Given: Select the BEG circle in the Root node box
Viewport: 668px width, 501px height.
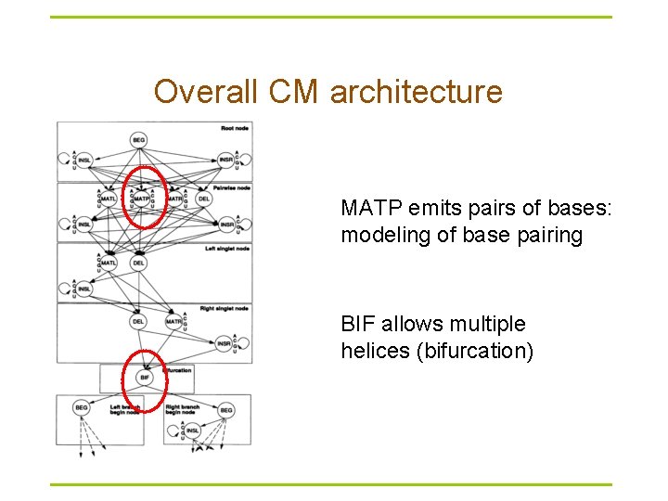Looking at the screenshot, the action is pyautogui.click(x=139, y=139).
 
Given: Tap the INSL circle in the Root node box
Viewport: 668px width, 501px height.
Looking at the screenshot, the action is pyautogui.click(x=84, y=161).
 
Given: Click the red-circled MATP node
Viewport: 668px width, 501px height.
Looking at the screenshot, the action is pyautogui.click(x=142, y=199).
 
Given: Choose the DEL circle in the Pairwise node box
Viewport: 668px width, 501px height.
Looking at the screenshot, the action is pyautogui.click(x=203, y=199).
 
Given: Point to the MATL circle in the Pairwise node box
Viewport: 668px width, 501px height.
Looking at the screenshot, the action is pyautogui.click(x=109, y=199).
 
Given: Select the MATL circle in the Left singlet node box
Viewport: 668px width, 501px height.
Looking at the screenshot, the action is pyautogui.click(x=109, y=263).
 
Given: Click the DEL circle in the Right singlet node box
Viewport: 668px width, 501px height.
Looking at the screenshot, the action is pyautogui.click(x=137, y=322).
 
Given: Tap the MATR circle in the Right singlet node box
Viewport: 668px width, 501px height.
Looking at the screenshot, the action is pyautogui.click(x=173, y=322).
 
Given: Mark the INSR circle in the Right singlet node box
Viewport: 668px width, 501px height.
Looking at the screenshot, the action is pyautogui.click(x=224, y=343).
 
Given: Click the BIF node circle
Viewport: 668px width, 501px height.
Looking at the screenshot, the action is pyautogui.click(x=144, y=378).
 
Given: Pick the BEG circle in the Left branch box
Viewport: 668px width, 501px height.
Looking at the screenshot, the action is pyautogui.click(x=81, y=409).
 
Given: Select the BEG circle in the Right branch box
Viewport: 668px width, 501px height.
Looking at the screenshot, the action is pyautogui.click(x=225, y=409).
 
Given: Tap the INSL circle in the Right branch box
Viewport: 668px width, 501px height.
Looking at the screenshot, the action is pyautogui.click(x=192, y=430).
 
